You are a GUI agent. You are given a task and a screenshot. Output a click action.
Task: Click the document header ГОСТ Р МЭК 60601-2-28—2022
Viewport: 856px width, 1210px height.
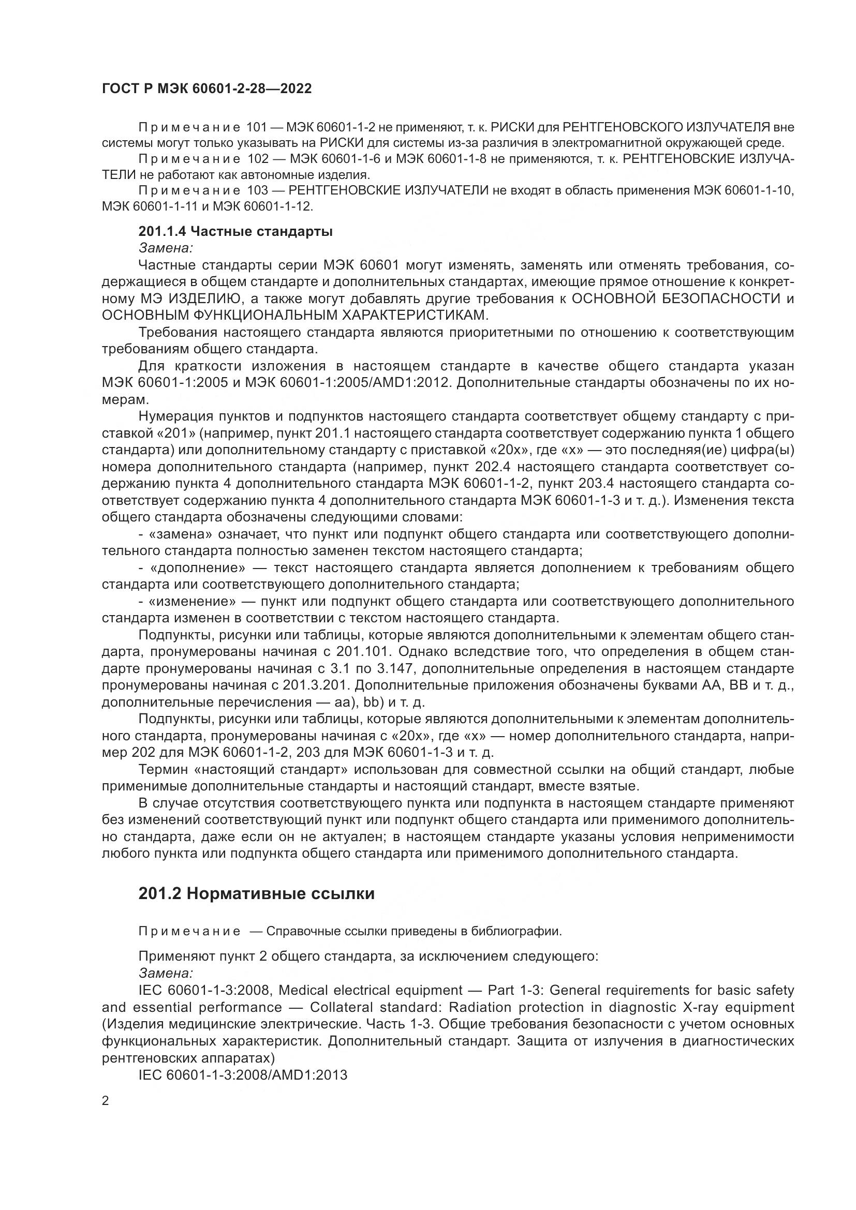(206, 88)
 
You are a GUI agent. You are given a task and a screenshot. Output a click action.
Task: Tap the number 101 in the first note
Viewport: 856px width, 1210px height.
(257, 128)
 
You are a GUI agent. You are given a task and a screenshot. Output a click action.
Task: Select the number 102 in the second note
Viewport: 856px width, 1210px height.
(257, 159)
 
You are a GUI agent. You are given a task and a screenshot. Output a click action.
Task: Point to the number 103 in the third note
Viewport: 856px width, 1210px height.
(257, 191)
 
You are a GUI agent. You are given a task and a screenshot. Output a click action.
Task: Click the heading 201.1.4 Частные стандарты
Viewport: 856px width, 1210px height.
(235, 231)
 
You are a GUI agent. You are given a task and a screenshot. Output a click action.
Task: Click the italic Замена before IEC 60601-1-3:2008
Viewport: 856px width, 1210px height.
(166, 973)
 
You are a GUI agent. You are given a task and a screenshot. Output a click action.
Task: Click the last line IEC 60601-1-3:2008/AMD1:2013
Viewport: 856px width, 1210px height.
(242, 1075)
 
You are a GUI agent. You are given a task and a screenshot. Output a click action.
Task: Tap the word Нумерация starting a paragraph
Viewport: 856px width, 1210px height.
(174, 416)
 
